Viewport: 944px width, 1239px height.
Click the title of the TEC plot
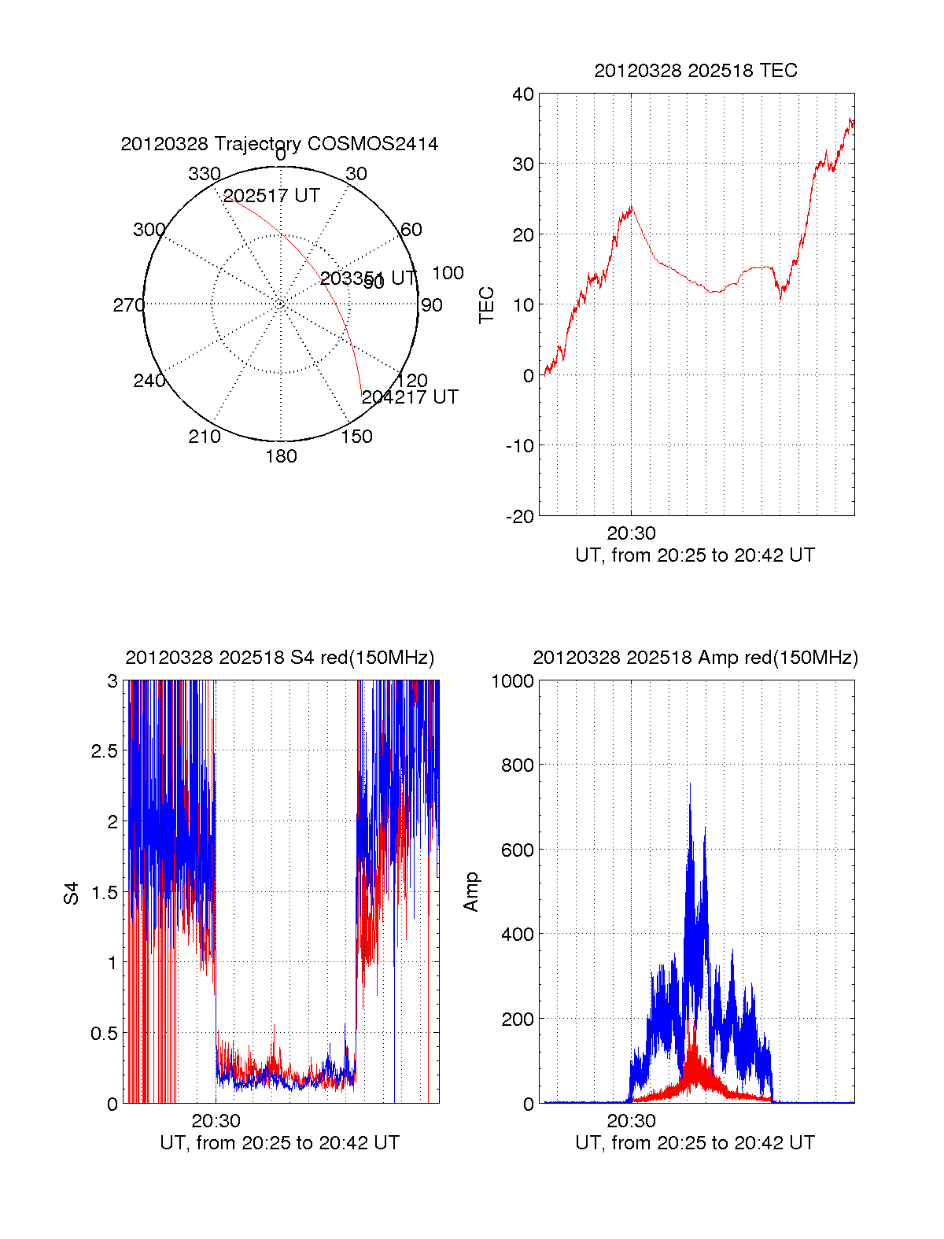(695, 71)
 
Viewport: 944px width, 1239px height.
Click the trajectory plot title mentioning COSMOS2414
(279, 144)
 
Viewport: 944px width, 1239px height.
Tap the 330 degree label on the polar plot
(204, 174)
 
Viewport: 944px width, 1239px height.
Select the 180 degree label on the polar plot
(281, 456)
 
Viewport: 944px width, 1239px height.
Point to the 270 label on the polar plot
(128, 305)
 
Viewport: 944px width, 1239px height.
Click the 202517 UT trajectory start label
(271, 196)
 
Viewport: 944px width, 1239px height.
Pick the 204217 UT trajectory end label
(410, 397)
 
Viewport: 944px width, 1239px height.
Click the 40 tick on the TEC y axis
(523, 94)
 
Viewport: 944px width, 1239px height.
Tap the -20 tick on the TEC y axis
(520, 516)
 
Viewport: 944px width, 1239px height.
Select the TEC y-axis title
(487, 305)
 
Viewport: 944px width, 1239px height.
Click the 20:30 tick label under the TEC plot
(631, 533)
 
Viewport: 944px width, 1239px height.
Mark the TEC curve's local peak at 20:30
(631, 207)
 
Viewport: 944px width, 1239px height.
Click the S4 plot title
(279, 658)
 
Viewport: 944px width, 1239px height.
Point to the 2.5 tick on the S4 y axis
(105, 751)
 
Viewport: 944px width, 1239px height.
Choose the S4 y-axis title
(72, 893)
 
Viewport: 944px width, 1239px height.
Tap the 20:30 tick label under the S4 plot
(216, 1121)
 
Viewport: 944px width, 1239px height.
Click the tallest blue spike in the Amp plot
(690, 785)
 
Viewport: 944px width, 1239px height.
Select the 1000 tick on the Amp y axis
(513, 681)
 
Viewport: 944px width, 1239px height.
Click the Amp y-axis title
(470, 892)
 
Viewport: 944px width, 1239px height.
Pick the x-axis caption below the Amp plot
(695, 1143)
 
